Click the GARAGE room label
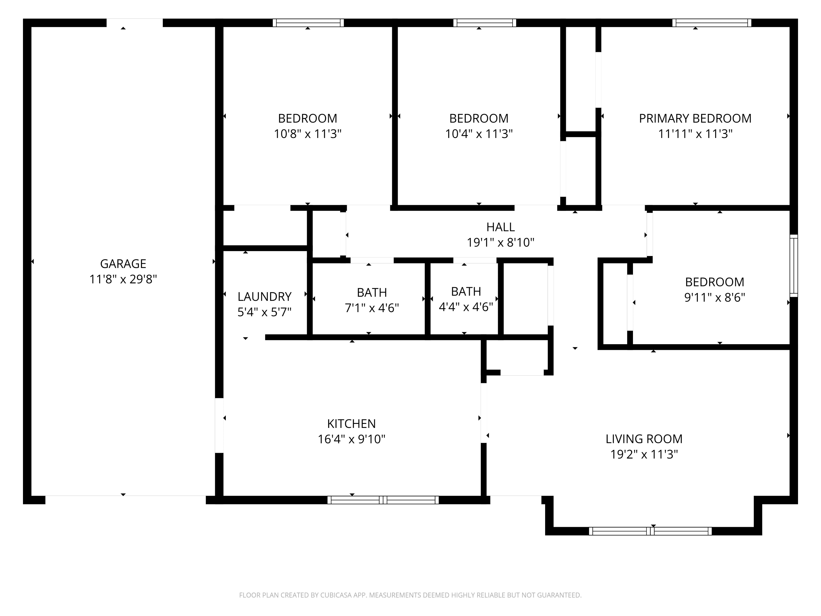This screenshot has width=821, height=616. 123,264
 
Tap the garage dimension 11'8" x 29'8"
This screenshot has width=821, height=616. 123,279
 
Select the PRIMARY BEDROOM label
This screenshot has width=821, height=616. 695,119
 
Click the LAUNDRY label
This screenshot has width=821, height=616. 264,297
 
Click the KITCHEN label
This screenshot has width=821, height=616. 351,424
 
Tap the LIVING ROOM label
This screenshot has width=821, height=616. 644,439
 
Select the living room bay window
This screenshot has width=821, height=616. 650,531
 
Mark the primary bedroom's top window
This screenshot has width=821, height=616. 712,23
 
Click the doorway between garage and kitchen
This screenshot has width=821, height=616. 219,425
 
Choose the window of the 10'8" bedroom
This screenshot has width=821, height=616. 308,23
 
